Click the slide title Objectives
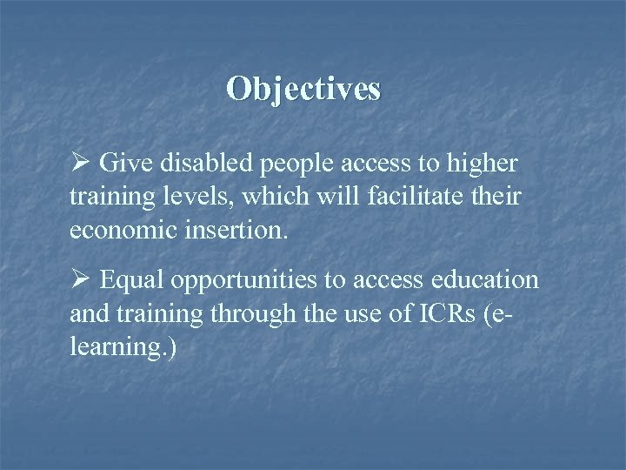pyautogui.click(x=303, y=89)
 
